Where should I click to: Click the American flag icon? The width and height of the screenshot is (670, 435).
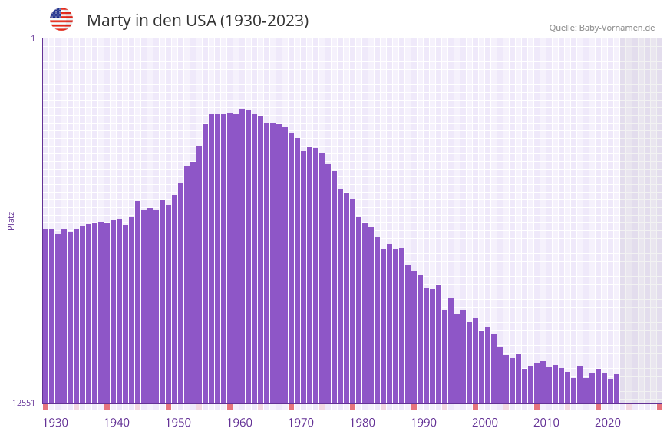pos(61,19)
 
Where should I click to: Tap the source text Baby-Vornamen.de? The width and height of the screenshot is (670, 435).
pos(617,28)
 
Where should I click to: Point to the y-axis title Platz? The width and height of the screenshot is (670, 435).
pos(11,220)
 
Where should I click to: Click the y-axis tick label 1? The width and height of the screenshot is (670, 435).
pos(32,38)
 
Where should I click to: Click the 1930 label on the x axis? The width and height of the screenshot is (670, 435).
pos(55,423)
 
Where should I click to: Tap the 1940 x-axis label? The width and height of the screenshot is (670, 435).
pos(117,423)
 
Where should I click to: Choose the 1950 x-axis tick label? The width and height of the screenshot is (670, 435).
pos(178,423)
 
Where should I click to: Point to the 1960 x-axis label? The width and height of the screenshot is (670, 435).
pos(239,423)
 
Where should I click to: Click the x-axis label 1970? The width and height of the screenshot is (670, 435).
pos(301,423)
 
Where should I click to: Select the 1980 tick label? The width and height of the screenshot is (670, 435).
pos(362,423)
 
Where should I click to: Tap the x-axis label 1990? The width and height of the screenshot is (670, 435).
pos(424,423)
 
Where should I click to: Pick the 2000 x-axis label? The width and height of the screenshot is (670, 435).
pos(485,423)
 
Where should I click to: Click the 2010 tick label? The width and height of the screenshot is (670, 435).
pos(546,423)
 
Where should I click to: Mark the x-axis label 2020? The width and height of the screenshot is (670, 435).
pos(608,423)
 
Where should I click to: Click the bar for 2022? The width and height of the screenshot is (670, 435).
pos(616,388)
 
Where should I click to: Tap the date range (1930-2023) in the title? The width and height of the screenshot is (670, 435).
pos(264,21)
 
